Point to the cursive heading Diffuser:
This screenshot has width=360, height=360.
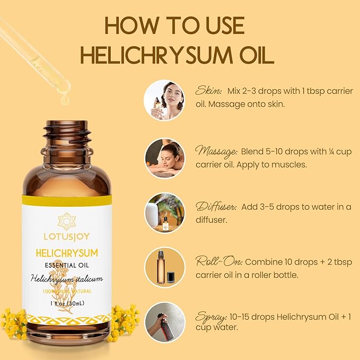coord(216,206)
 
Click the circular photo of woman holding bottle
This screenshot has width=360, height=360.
coord(164,100)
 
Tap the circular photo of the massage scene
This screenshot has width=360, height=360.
coord(164,158)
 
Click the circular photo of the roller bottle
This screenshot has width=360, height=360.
coord(164,267)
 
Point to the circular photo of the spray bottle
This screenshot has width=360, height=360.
coord(164,322)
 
